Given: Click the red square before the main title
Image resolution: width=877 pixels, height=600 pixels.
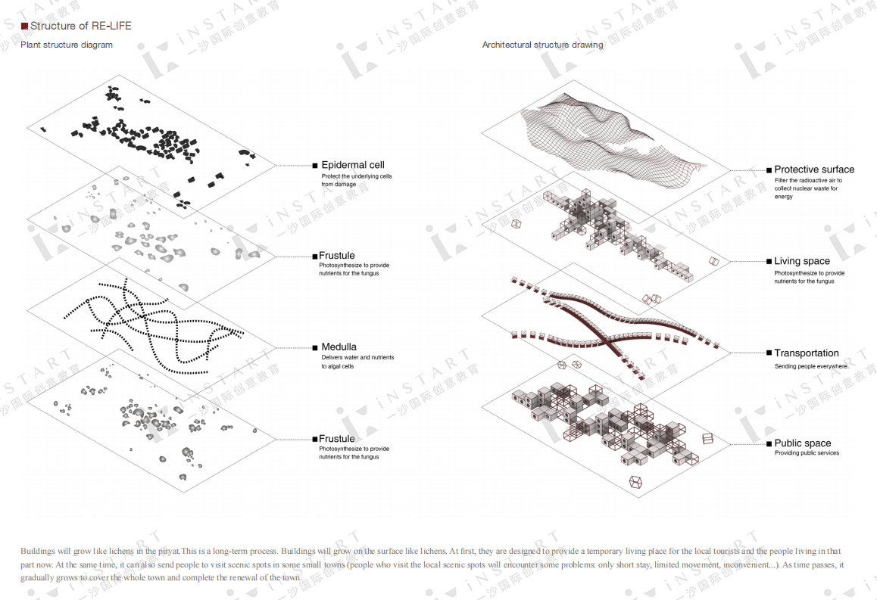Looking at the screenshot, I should [24, 26].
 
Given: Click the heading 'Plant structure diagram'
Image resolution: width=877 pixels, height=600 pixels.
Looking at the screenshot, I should [67, 45].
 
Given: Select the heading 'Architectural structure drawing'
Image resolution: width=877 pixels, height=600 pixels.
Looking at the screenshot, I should [542, 45].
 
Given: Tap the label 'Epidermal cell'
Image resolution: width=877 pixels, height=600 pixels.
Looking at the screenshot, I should [353, 165].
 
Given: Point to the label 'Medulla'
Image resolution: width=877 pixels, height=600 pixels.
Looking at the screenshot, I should [339, 347].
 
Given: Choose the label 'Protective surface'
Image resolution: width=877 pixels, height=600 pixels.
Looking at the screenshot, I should [814, 169].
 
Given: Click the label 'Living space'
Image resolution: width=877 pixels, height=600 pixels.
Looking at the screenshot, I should [802, 261].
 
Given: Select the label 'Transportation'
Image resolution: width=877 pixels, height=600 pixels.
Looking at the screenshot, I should [807, 353].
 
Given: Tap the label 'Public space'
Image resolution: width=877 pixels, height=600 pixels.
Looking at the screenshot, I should [803, 443].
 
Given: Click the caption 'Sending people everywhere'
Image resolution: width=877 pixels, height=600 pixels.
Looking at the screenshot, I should [810, 366].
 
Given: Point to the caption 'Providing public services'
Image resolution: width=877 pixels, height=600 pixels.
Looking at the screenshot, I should [807, 453].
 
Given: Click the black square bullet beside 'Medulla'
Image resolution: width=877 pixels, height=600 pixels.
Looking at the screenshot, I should [314, 348].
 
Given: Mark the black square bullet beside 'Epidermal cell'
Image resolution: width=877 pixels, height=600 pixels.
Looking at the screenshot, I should [315, 165].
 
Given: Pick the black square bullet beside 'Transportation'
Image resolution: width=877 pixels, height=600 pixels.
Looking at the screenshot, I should [768, 353].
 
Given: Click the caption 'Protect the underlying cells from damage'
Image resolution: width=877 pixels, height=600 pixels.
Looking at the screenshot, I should [356, 180].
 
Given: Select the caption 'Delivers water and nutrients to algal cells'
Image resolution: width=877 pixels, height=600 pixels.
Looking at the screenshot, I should [357, 362].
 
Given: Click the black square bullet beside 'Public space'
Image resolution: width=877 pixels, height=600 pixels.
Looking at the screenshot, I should [768, 444].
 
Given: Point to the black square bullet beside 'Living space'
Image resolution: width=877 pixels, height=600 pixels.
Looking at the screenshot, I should [768, 262].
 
